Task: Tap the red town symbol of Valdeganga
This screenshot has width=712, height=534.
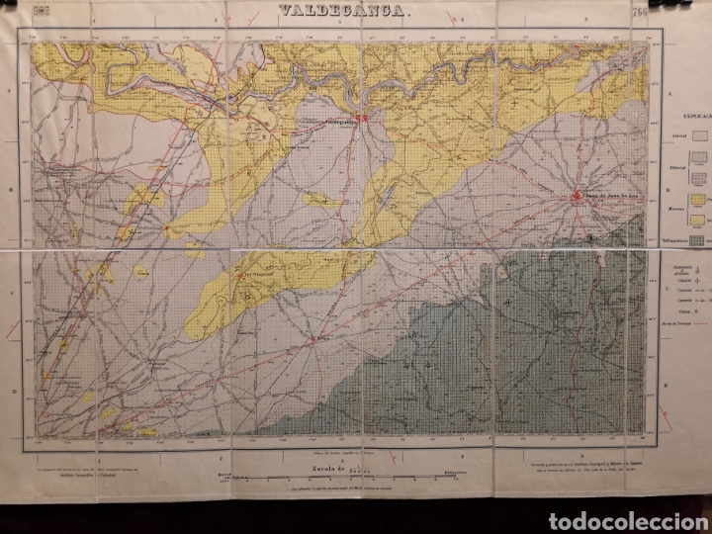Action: point(363,119)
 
